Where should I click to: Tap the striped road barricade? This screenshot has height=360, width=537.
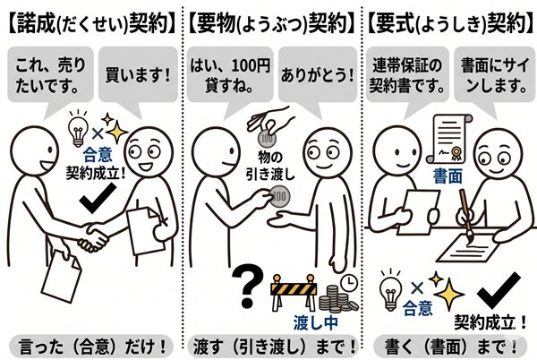coord(294,292)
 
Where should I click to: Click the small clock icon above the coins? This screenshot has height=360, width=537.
coord(349,282)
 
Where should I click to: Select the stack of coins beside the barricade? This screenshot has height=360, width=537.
coord(338,300)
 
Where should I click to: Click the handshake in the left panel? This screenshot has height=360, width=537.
coord(94,237)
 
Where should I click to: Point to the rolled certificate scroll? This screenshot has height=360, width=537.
coord(449,139)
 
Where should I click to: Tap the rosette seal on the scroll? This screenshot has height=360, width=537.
coord(456,153)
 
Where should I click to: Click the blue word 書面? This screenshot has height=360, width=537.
coord(447,176)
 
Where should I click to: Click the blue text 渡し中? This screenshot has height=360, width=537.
coord(315,323)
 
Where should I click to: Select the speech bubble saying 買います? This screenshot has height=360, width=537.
coord(138,74)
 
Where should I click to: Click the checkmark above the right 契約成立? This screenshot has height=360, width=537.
coord(499,290)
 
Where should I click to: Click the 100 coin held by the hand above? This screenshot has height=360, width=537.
coord(267,138)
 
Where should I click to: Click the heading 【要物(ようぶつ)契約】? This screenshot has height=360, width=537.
coord(271,23)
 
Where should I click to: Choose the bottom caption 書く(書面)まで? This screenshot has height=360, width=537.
coord(451,347)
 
